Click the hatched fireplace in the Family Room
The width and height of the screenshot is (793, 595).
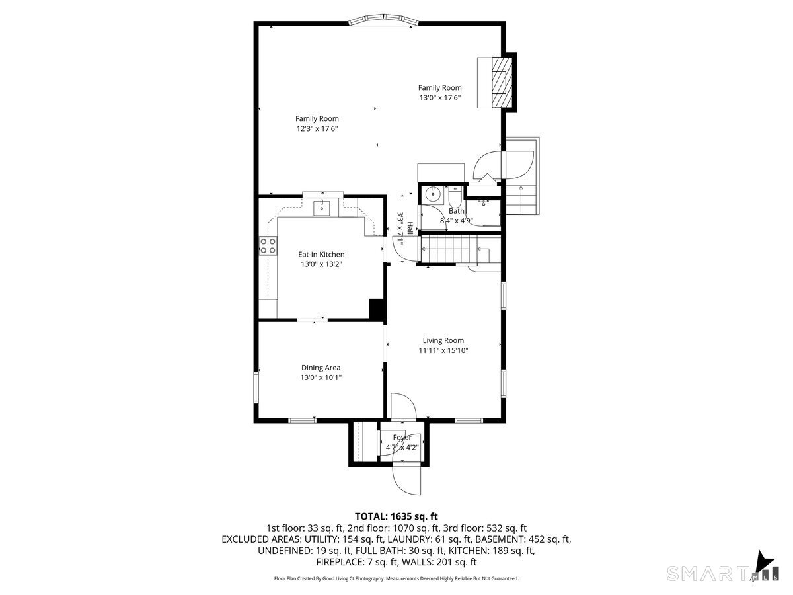(502, 83)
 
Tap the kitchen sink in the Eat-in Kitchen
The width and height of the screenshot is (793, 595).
(321, 208)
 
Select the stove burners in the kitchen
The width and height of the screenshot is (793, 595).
(268, 246)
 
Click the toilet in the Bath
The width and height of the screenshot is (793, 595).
(455, 196)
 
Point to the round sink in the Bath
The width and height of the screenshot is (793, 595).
(432, 195)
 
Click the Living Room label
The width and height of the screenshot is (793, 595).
(443, 340)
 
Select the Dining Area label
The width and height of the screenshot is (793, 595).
(321, 368)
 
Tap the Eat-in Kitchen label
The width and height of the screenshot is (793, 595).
(321, 255)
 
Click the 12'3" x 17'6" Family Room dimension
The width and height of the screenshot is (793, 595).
(317, 129)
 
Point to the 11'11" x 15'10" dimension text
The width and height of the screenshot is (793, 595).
(443, 350)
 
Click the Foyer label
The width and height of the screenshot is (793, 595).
(402, 438)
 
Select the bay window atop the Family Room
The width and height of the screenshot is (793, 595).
(383, 20)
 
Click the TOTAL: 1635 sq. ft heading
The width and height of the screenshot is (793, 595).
(397, 516)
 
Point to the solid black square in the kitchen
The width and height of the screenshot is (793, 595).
(377, 309)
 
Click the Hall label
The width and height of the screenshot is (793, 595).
(410, 228)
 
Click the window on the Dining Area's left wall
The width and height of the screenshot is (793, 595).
(256, 387)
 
